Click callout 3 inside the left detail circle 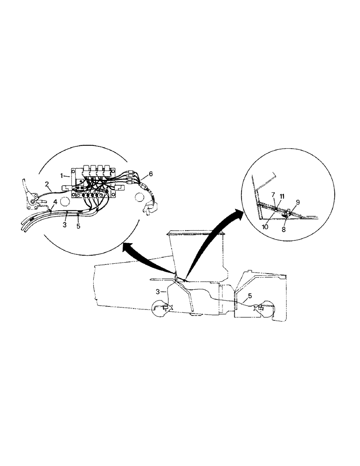click(65, 225)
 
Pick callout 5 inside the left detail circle click(78, 226)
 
